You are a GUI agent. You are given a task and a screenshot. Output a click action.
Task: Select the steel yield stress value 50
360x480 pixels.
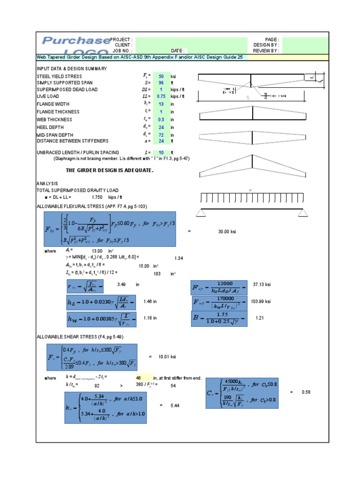coord(161,76)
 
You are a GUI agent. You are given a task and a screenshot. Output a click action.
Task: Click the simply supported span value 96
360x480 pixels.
coord(161,82)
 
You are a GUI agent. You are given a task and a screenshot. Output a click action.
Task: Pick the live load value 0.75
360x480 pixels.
coord(161,96)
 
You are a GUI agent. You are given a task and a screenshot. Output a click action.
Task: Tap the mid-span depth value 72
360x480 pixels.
coord(161,135)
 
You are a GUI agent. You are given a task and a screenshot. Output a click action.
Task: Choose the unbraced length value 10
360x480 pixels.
coord(161,153)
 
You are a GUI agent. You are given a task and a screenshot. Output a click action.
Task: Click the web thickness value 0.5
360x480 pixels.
coord(161,120)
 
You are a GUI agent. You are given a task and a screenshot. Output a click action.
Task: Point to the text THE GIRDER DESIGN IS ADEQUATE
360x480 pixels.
coord(109,170)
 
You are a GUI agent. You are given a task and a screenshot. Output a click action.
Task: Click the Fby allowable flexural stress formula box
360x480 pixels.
coord(110,229)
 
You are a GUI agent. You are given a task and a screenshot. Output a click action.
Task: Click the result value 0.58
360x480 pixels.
coord(306,392)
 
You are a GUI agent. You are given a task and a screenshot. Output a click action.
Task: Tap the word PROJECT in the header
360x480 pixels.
coord(121,40)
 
